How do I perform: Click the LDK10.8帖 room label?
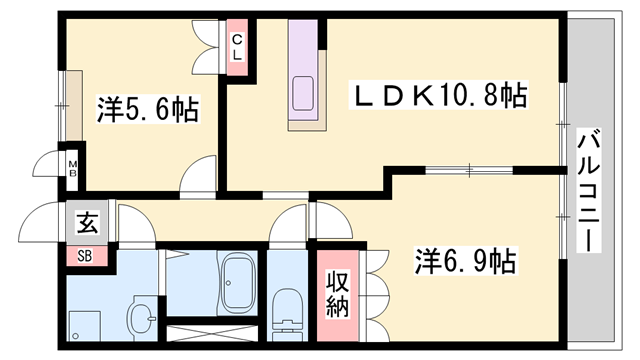[438, 96]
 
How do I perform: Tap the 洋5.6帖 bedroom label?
[147, 108]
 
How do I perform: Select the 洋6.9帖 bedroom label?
[465, 263]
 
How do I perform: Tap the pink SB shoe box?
[86, 254]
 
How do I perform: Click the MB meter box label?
[73, 166]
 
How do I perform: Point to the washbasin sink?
[141, 318]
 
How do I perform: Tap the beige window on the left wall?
[73, 105]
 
